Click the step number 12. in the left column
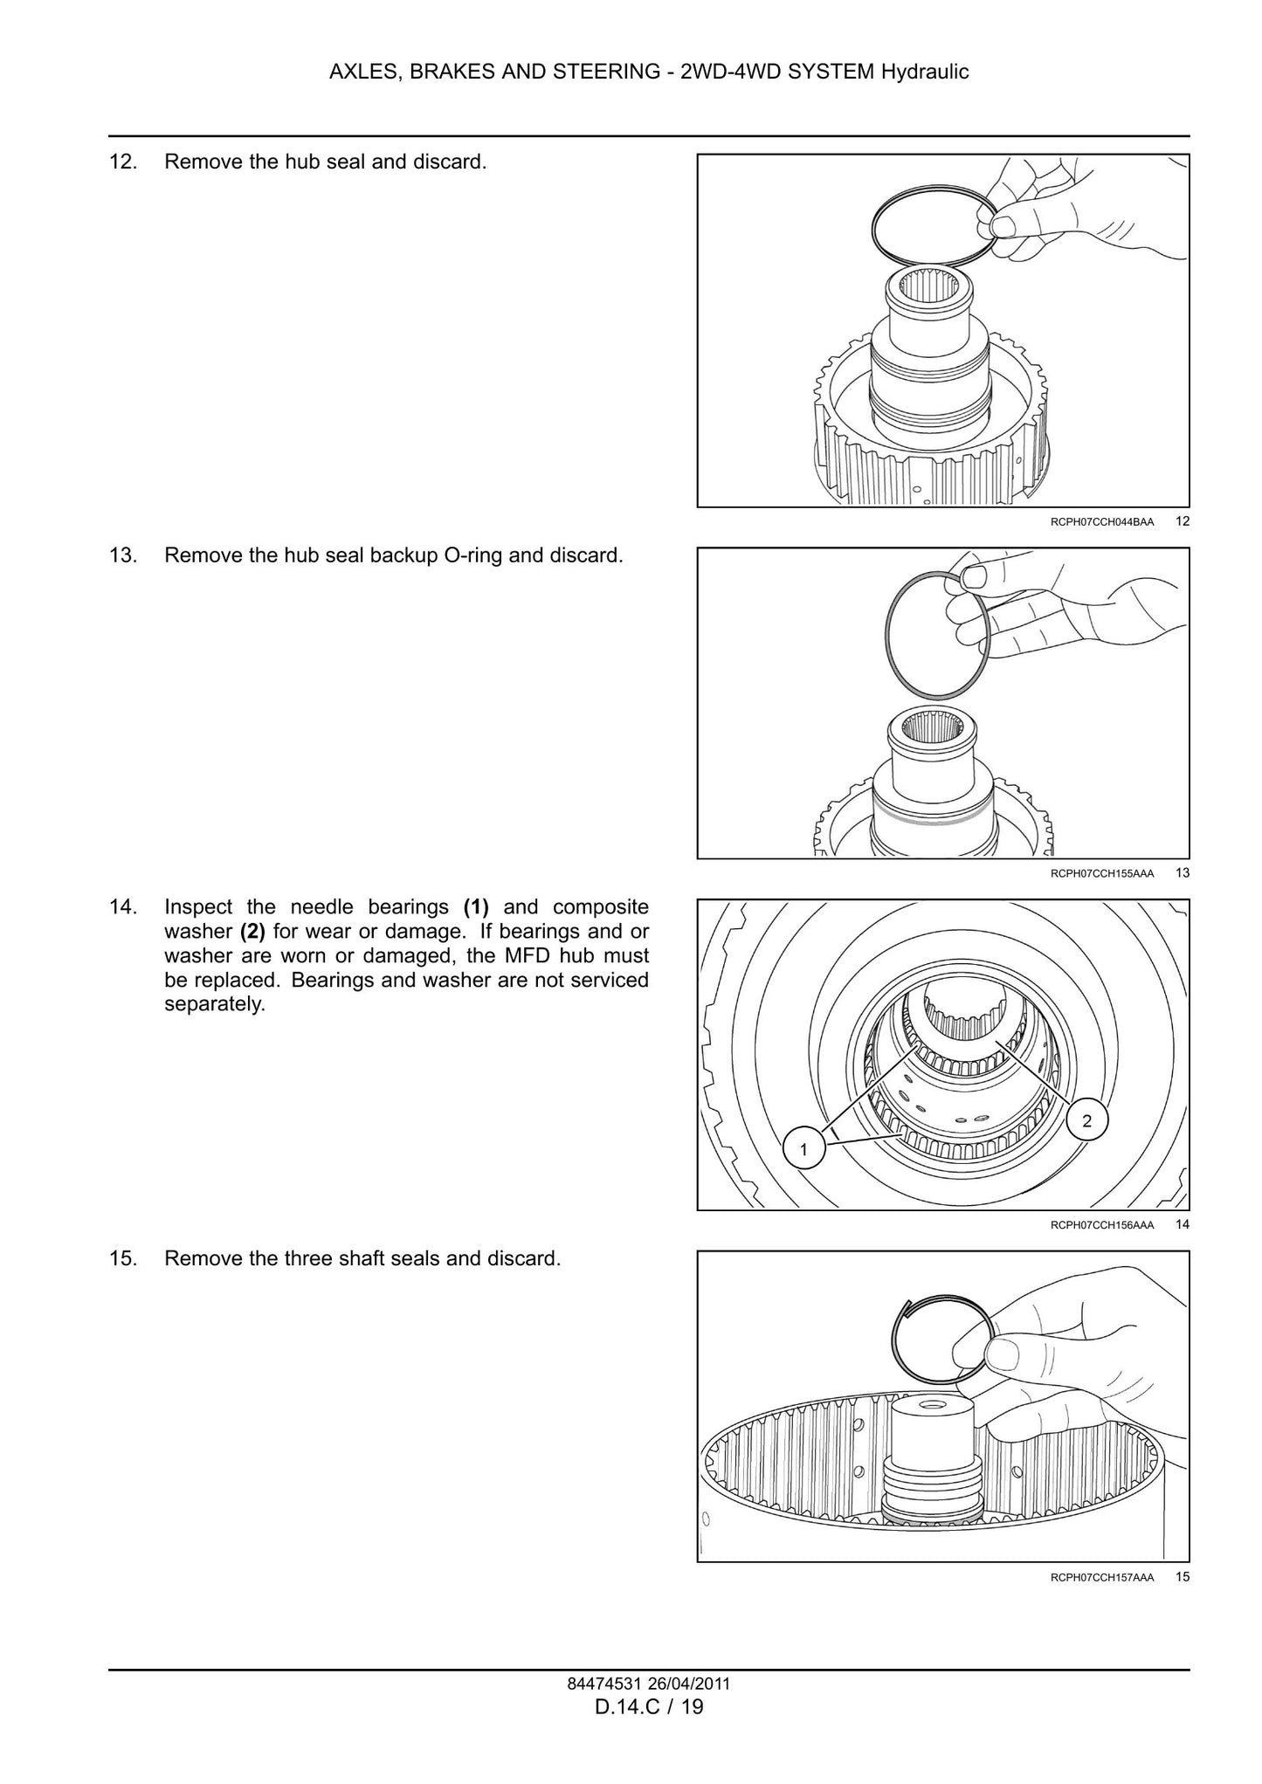pos(122,162)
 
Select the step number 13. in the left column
pos(122,555)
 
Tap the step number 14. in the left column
pos(122,906)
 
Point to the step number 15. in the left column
pos(122,1258)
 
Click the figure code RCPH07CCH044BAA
pos(1102,522)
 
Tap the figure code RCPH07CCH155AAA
pos(1102,873)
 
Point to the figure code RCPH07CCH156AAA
pos(1102,1225)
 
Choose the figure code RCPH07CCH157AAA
pos(1102,1577)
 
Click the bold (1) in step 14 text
pos(476,906)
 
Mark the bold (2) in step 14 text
pos(252,931)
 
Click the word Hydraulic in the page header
pos(925,72)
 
